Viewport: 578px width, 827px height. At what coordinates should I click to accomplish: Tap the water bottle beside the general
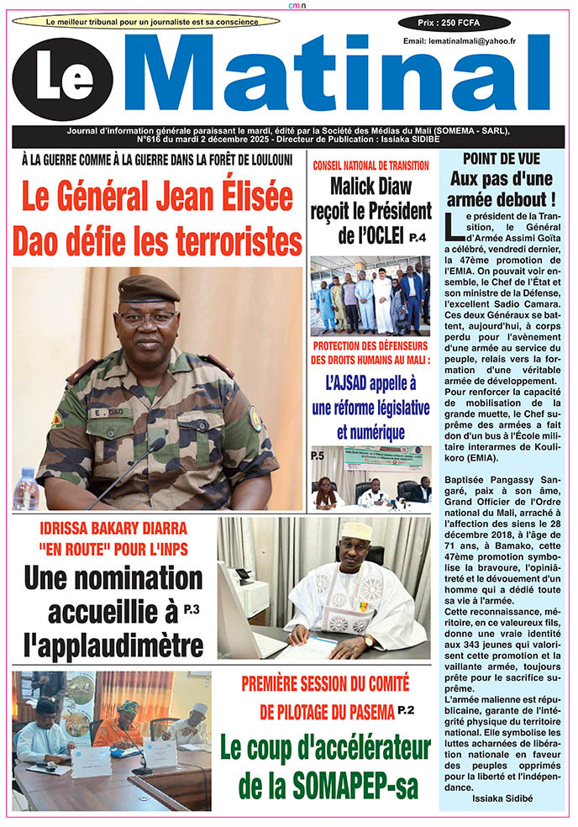coord(26,489)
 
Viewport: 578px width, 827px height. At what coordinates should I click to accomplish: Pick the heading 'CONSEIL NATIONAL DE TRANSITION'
coord(370,166)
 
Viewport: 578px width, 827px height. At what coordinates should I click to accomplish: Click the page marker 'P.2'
coord(407,711)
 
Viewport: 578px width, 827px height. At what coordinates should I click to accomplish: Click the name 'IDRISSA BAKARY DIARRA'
coord(113,529)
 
